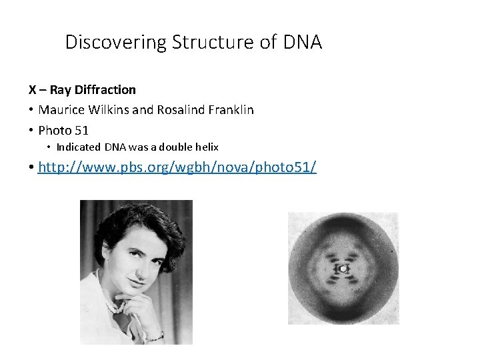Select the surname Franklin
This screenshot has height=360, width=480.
tap(230, 109)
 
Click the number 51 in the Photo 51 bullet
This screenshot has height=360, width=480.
tap(81, 130)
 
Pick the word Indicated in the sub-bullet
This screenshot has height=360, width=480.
tap(79, 147)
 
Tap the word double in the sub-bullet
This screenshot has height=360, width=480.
tap(171, 147)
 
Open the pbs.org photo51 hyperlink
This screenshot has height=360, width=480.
tap(177, 167)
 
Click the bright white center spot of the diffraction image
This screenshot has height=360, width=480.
tap(343, 269)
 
